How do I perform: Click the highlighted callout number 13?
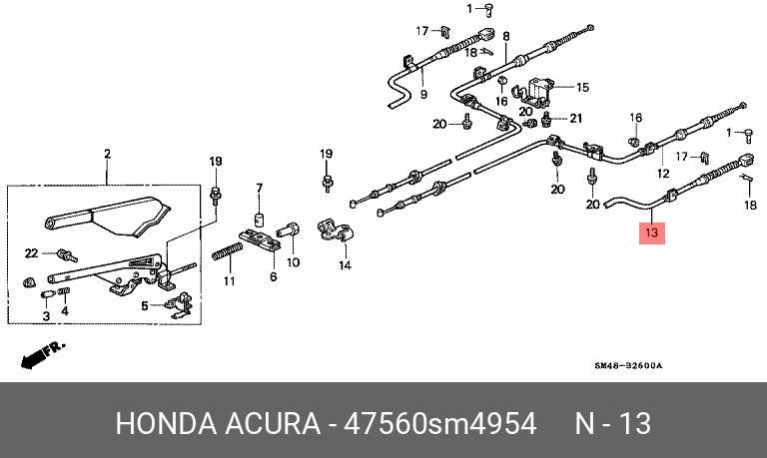click(652, 233)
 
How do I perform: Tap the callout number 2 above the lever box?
click(107, 154)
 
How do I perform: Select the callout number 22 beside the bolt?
click(31, 252)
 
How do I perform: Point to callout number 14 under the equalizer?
click(345, 265)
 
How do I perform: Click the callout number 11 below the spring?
click(229, 281)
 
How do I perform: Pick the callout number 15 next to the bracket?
click(582, 87)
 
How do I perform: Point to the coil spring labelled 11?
click(226, 254)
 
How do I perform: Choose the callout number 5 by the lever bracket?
click(145, 305)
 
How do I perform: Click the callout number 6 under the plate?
click(272, 276)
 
